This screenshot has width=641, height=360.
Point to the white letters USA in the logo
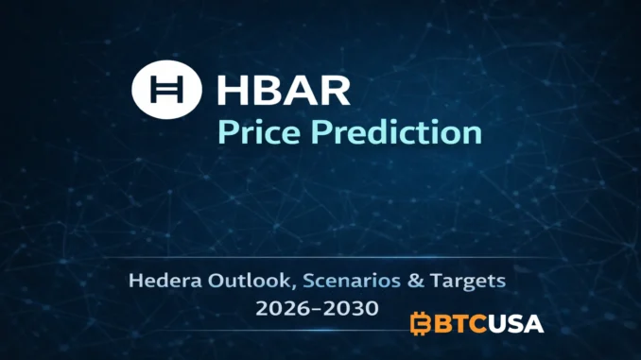coord(516,324)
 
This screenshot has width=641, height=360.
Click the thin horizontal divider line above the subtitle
coord(320,256)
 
